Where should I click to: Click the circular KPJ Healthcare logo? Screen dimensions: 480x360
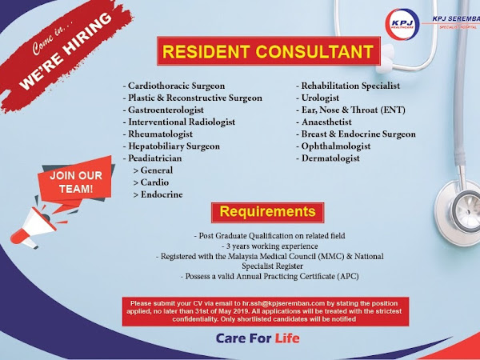[x=402, y=25]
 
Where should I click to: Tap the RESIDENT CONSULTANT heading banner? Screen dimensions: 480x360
[x=269, y=51]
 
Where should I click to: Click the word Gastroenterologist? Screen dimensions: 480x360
[x=166, y=110]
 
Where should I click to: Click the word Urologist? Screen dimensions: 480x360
[x=320, y=98]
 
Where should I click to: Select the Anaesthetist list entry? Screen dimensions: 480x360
[x=326, y=122]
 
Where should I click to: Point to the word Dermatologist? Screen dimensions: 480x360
[x=330, y=158]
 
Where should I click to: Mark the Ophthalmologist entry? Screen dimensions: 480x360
[x=336, y=146]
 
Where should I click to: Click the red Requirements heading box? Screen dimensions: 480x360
[x=267, y=212]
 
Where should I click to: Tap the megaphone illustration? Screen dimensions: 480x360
[x=34, y=225]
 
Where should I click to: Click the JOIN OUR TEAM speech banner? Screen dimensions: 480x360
[x=76, y=182]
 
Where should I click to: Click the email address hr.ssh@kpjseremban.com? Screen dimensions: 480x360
[x=283, y=304]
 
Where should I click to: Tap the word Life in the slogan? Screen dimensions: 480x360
[x=287, y=338]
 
